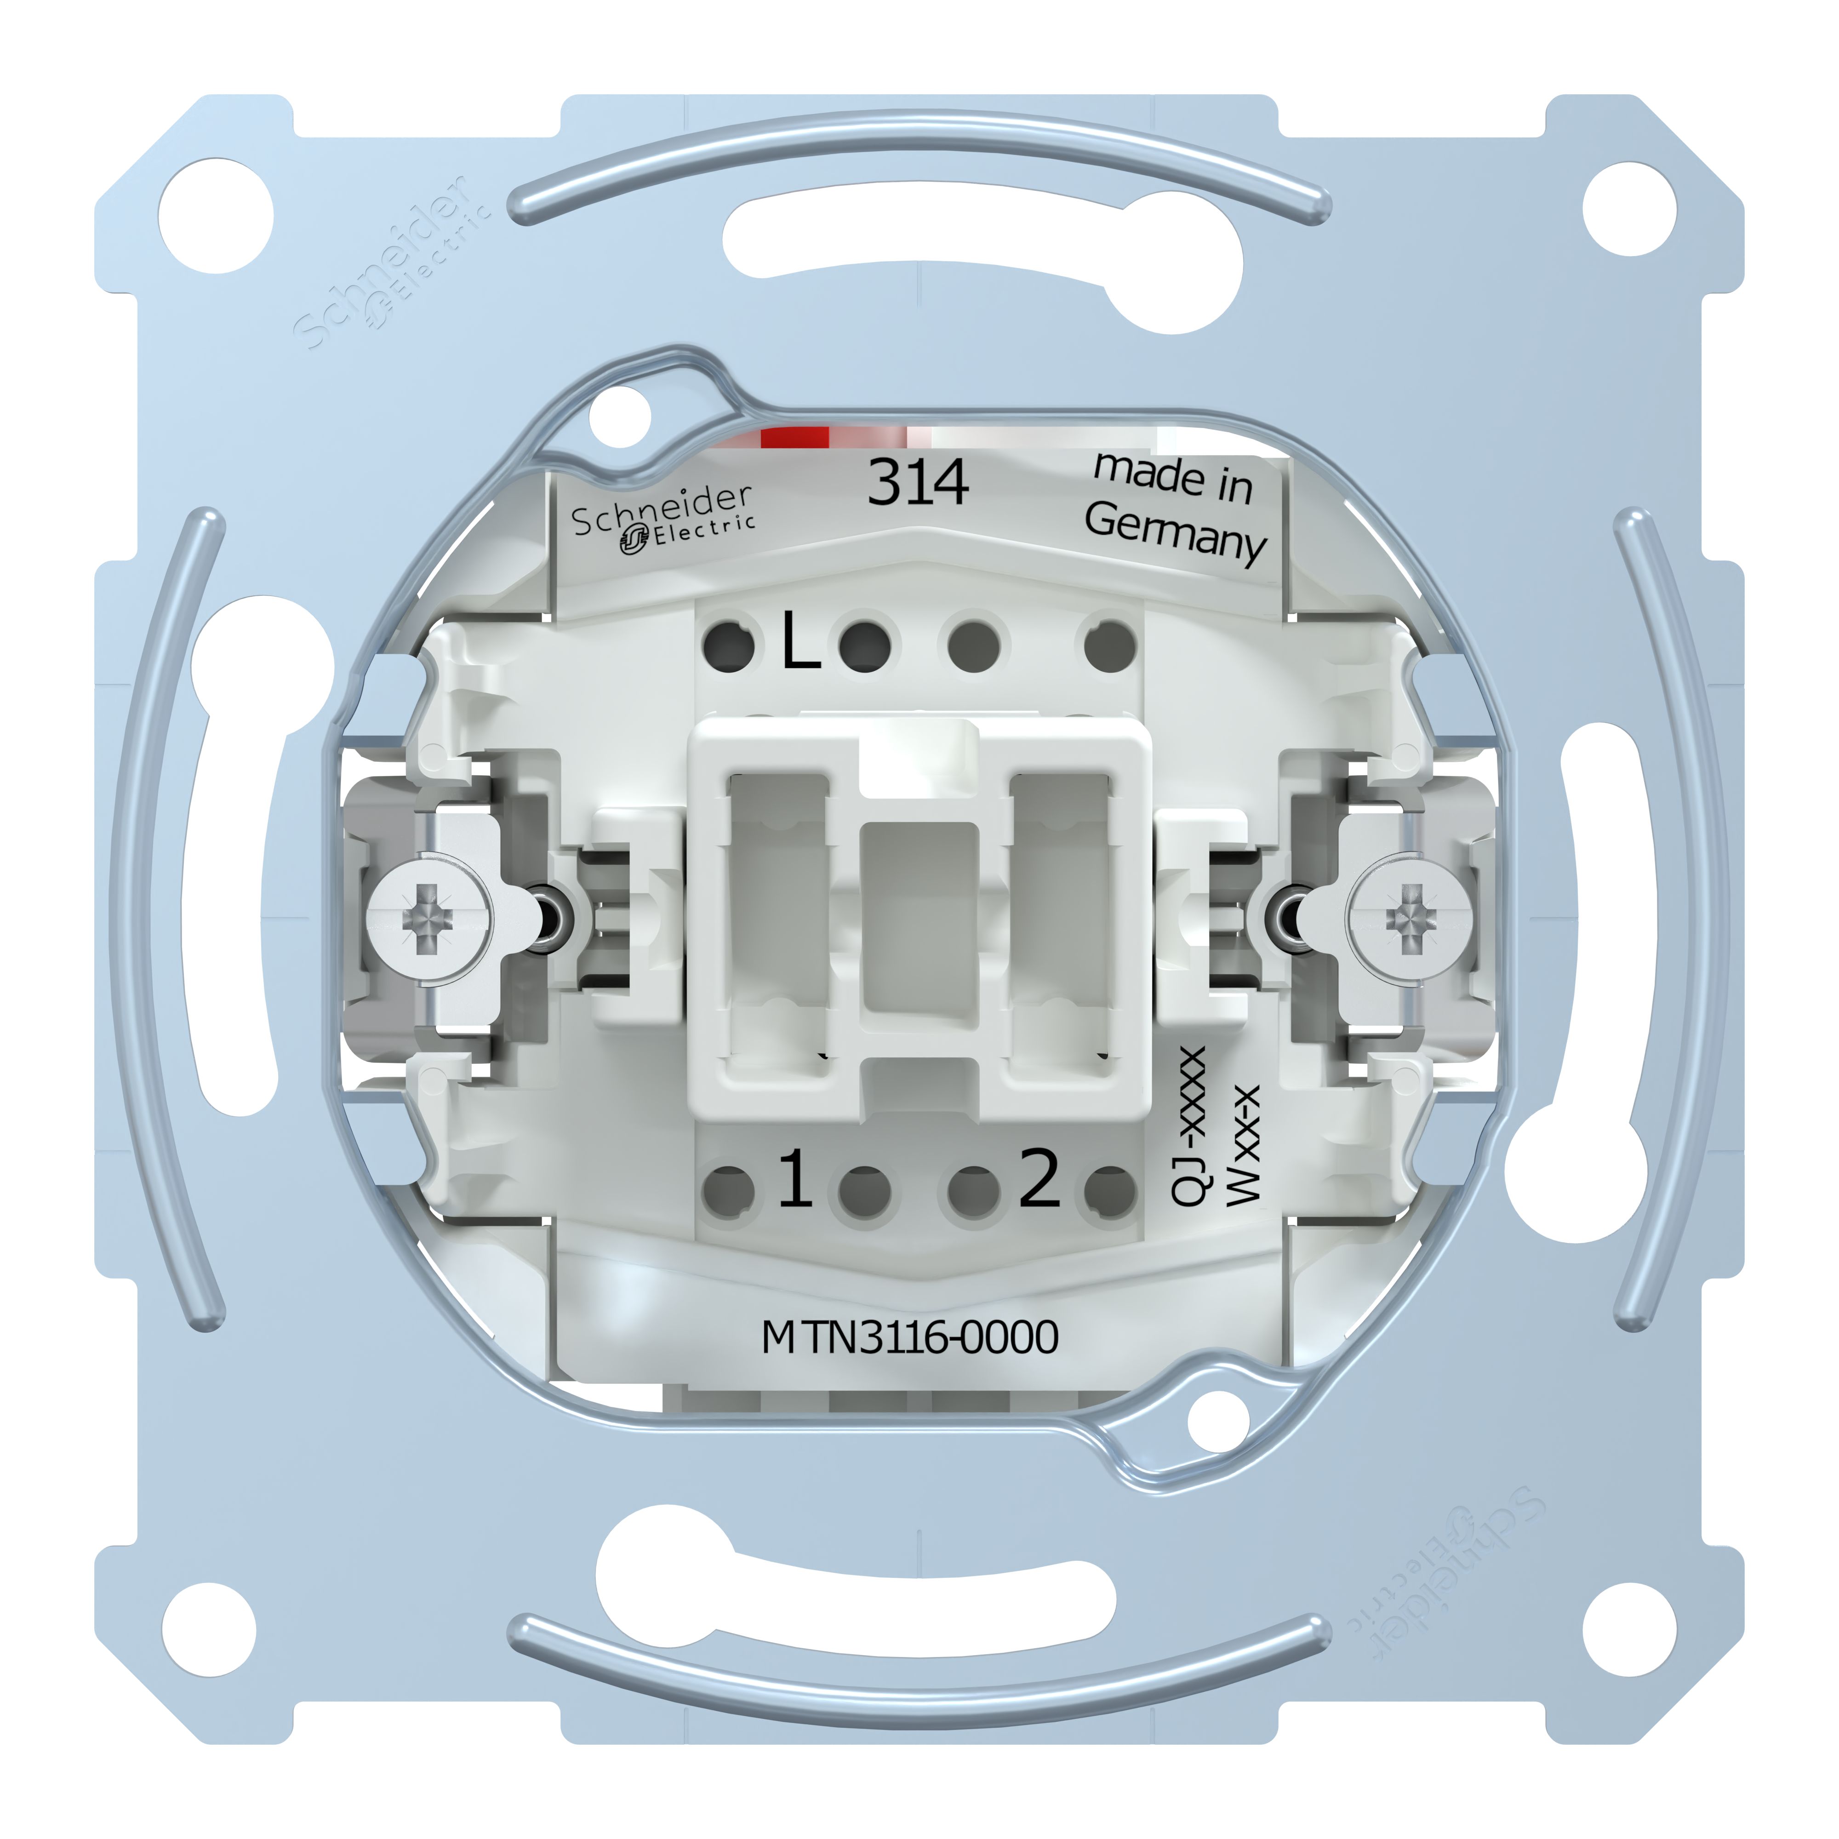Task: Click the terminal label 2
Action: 1039,1178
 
